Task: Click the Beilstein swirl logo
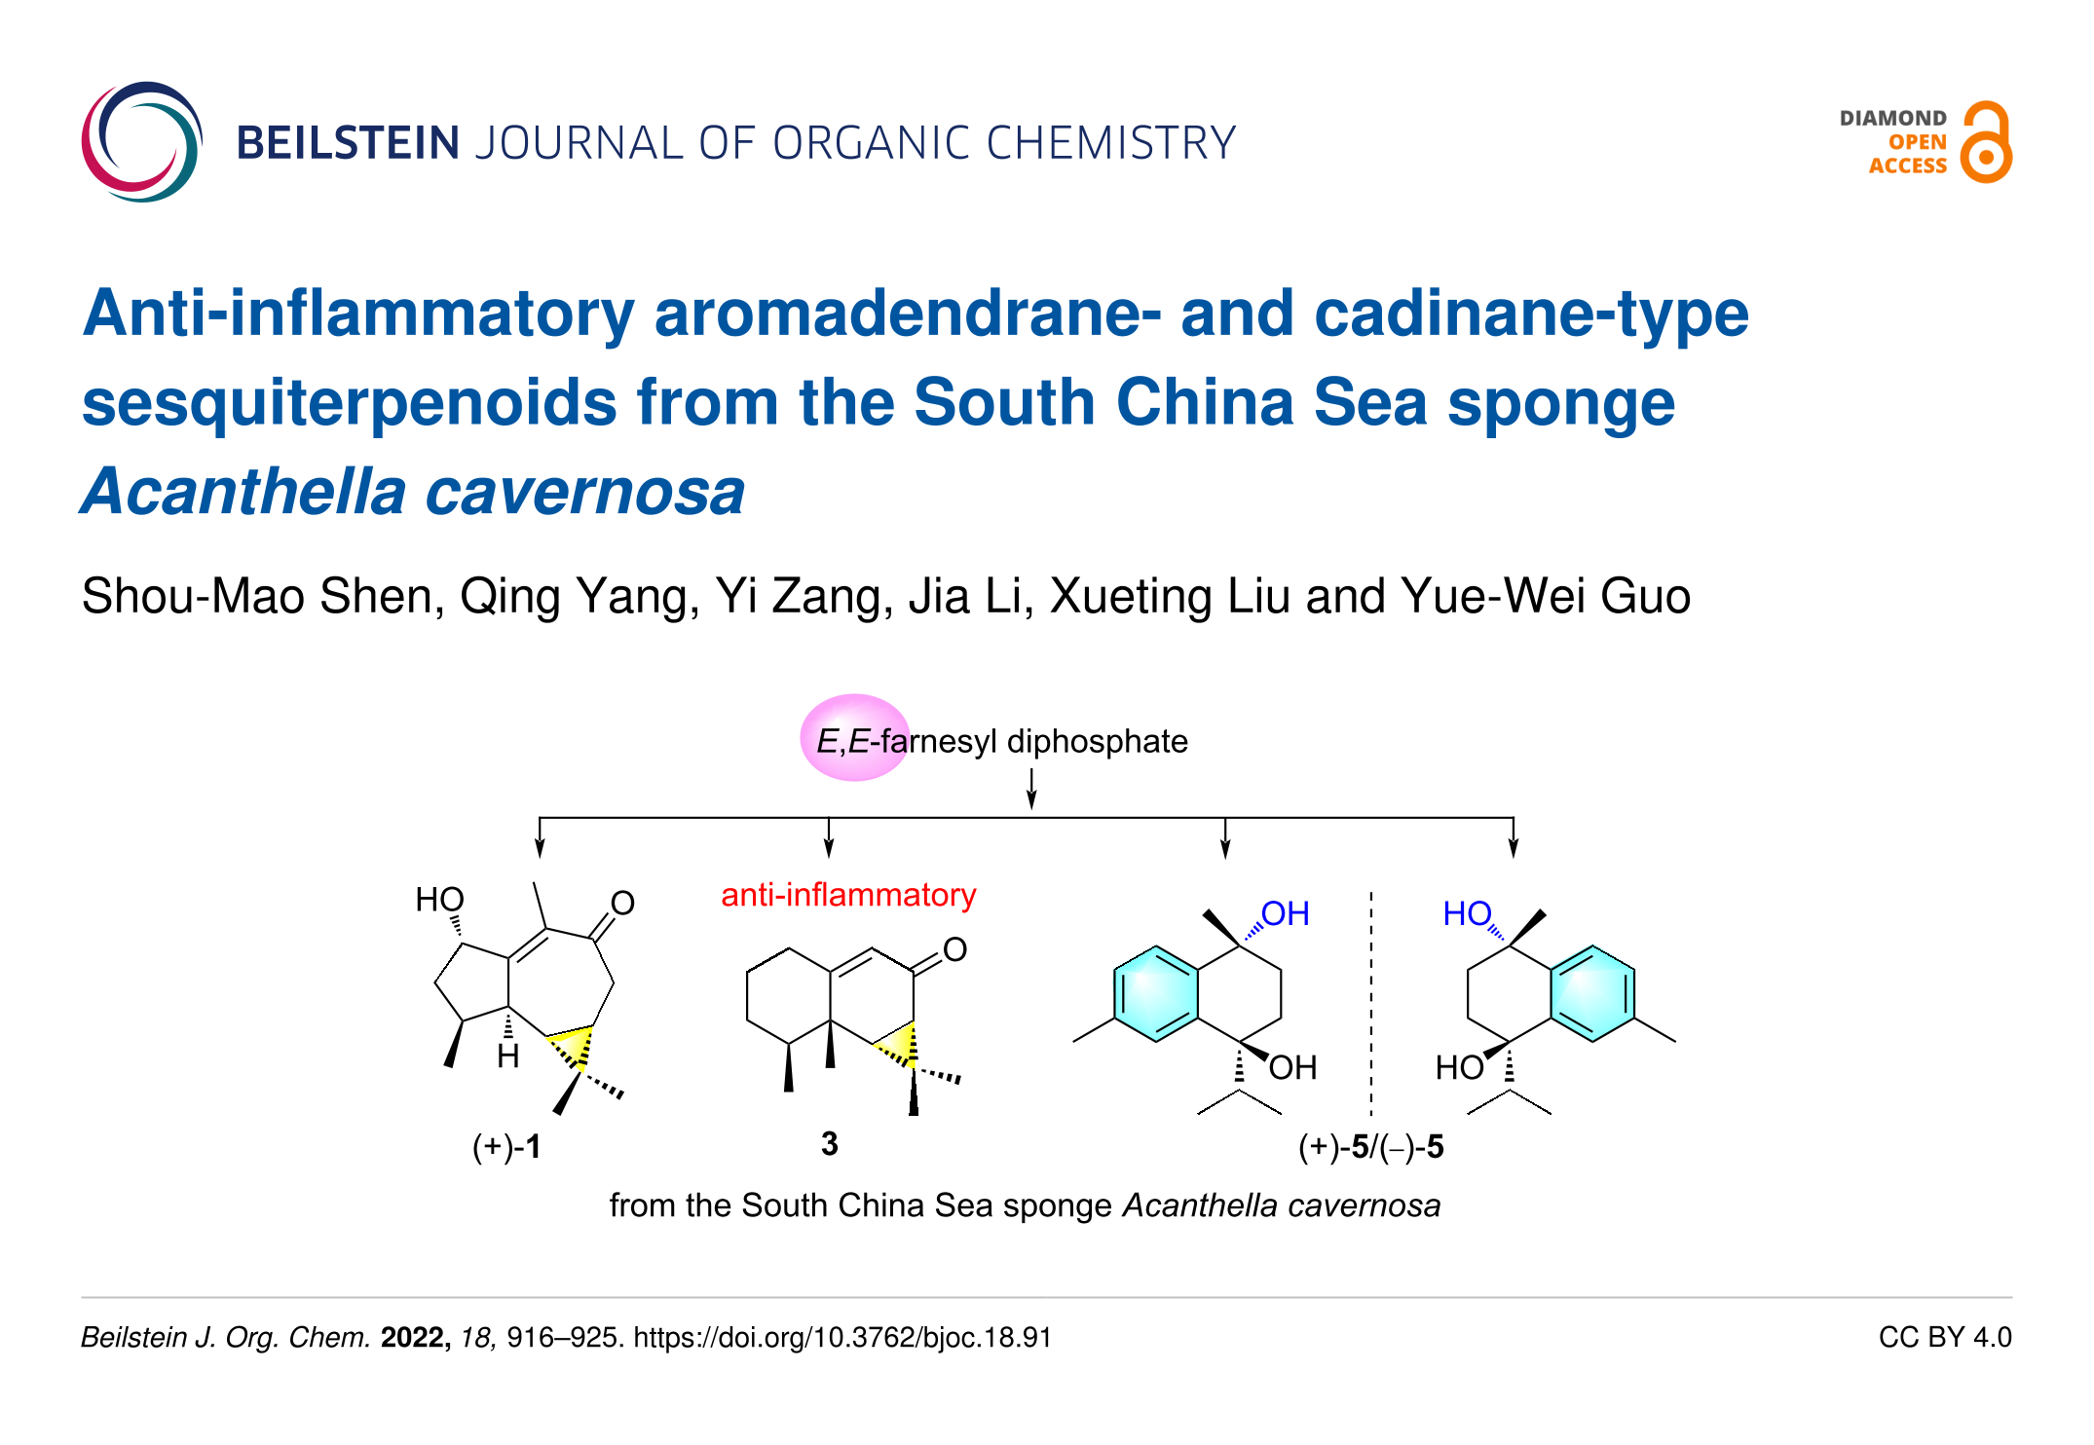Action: pos(142,142)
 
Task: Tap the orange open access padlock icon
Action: pos(1986,143)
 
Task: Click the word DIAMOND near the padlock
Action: pos(1892,119)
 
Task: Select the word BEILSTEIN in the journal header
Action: pos(348,143)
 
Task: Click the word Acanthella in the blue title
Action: pos(243,492)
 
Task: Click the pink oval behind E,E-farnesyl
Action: pos(854,738)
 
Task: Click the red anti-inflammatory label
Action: pos(848,895)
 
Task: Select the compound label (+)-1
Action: pos(506,1146)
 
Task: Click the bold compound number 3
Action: pos(829,1143)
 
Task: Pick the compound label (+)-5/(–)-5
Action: pos(1370,1147)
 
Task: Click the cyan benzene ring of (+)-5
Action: pos(1156,994)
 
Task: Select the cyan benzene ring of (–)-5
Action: pos(1592,994)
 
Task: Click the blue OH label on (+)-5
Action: pos(1285,913)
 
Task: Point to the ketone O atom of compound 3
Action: pos(954,949)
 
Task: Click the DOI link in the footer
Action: pos(842,1337)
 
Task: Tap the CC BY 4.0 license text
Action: pos(1944,1337)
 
